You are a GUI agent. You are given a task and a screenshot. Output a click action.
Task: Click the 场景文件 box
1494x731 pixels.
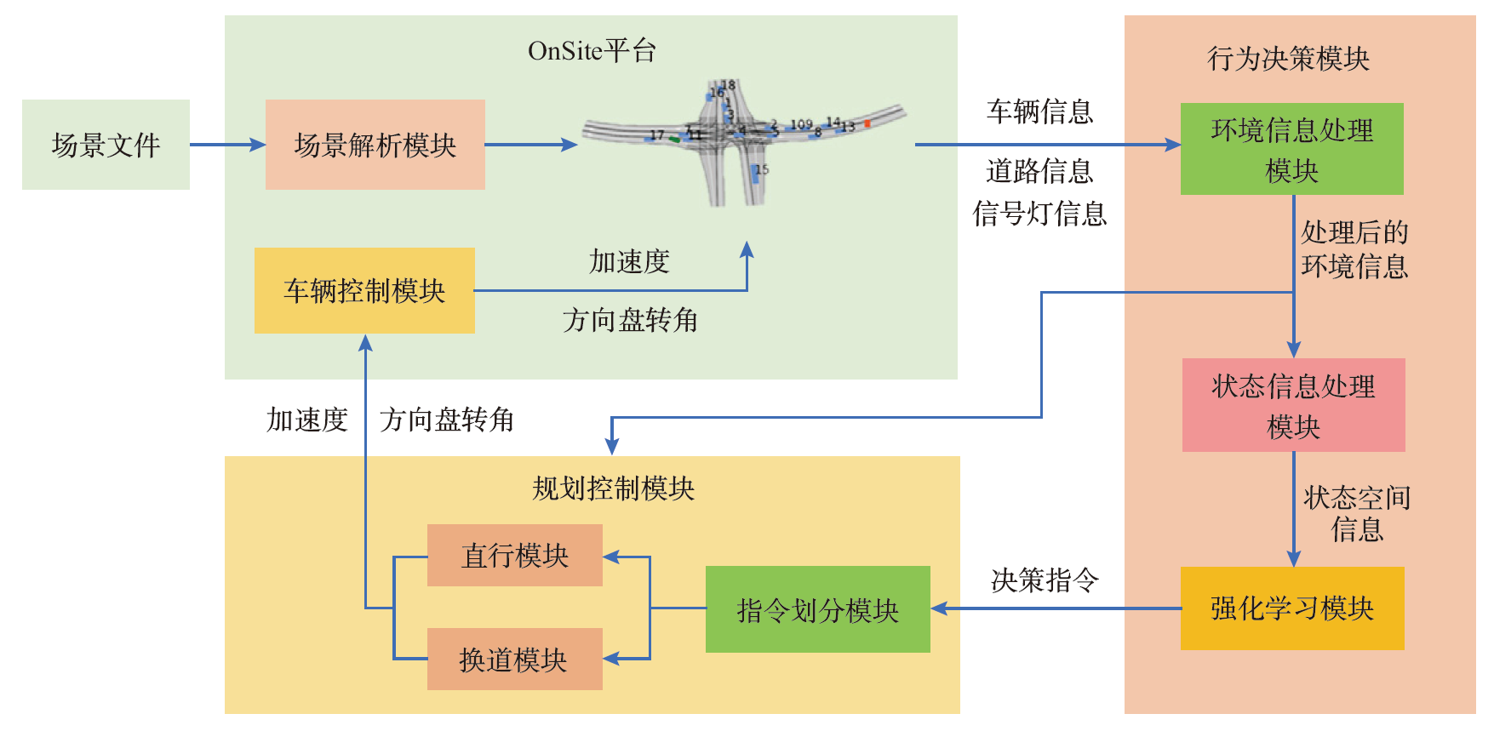[106, 145]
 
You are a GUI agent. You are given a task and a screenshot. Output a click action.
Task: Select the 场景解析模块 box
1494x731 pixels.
[375, 145]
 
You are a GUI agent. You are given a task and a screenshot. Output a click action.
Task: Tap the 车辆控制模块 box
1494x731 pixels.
[364, 290]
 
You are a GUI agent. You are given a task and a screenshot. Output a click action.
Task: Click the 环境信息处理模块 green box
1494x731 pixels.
[1291, 149]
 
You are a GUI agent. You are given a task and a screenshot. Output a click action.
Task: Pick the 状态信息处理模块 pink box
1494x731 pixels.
[1293, 405]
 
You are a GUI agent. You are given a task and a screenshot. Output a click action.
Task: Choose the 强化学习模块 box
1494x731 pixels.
[1292, 608]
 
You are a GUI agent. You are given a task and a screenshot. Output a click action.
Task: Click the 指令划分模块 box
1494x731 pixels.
[817, 609]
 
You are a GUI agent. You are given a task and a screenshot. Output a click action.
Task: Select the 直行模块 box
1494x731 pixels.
[514, 556]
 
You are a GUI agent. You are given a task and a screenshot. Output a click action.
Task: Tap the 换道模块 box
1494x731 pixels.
[514, 660]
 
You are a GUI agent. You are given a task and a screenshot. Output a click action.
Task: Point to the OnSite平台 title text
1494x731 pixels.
[592, 51]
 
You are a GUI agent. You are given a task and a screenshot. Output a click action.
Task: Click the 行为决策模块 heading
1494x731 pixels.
[1288, 59]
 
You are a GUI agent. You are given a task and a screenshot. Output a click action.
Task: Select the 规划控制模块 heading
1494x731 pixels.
[613, 488]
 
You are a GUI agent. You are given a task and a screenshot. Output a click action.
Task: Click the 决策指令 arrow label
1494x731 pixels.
[1045, 580]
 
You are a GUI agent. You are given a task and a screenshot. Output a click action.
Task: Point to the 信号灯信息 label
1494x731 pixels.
[1039, 214]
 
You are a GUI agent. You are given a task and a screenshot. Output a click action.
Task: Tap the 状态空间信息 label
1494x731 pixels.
[1357, 513]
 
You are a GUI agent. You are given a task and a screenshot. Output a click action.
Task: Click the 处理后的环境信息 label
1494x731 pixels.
[1354, 248]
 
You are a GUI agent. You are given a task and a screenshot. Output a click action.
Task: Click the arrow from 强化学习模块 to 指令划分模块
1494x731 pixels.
[1056, 608]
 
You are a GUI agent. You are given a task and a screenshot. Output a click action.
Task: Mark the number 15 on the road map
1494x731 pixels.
[762, 169]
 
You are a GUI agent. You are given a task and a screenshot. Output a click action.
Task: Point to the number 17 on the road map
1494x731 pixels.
[656, 134]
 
